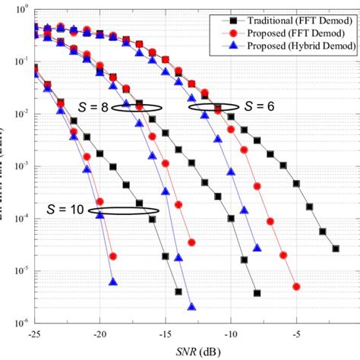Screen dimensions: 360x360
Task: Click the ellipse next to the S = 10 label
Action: coord(123,210)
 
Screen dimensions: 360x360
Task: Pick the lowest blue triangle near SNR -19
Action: coord(113,281)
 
